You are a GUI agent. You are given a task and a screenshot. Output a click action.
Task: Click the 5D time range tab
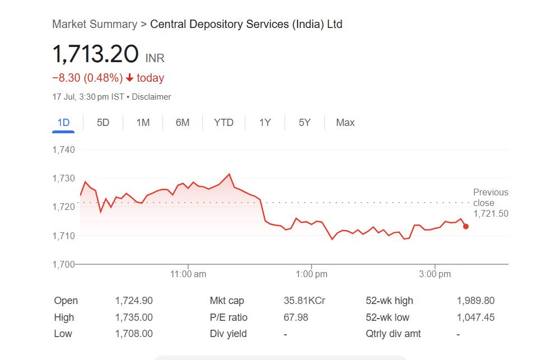103,123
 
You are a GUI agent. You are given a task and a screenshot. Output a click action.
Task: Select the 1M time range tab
143,123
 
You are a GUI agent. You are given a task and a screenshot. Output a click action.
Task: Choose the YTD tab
223,123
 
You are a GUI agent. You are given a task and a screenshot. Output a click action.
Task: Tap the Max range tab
345,123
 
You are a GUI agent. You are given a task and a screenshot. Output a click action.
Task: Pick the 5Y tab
304,123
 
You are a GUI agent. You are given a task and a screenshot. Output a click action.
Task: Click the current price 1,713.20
95,54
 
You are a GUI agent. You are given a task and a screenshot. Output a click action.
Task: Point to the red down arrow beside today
130,78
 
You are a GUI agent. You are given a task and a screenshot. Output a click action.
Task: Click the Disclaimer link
151,97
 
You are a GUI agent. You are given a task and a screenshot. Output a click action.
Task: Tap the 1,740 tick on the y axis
63,149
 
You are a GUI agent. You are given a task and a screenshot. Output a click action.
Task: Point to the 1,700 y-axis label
63,264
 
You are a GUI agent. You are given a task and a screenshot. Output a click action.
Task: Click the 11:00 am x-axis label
188,274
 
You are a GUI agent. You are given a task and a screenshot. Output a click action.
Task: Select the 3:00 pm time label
435,274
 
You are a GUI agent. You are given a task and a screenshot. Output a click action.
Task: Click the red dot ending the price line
465,226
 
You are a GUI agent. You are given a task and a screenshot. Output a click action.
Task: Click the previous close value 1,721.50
491,213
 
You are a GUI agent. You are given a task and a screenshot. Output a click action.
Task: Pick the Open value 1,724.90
134,301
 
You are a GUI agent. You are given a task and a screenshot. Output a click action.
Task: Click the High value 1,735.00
134,317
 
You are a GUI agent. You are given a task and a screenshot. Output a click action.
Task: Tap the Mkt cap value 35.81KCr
304,301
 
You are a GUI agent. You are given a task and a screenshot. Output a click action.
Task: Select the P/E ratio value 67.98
296,317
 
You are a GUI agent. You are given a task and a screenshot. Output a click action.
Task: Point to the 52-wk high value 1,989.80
476,301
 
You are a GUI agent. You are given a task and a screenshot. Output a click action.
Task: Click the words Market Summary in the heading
94,24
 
